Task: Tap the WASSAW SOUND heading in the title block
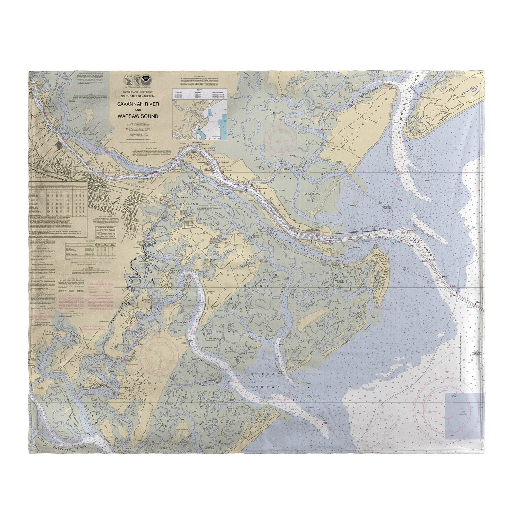(x=142, y=116)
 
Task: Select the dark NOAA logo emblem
(x=145, y=78)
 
